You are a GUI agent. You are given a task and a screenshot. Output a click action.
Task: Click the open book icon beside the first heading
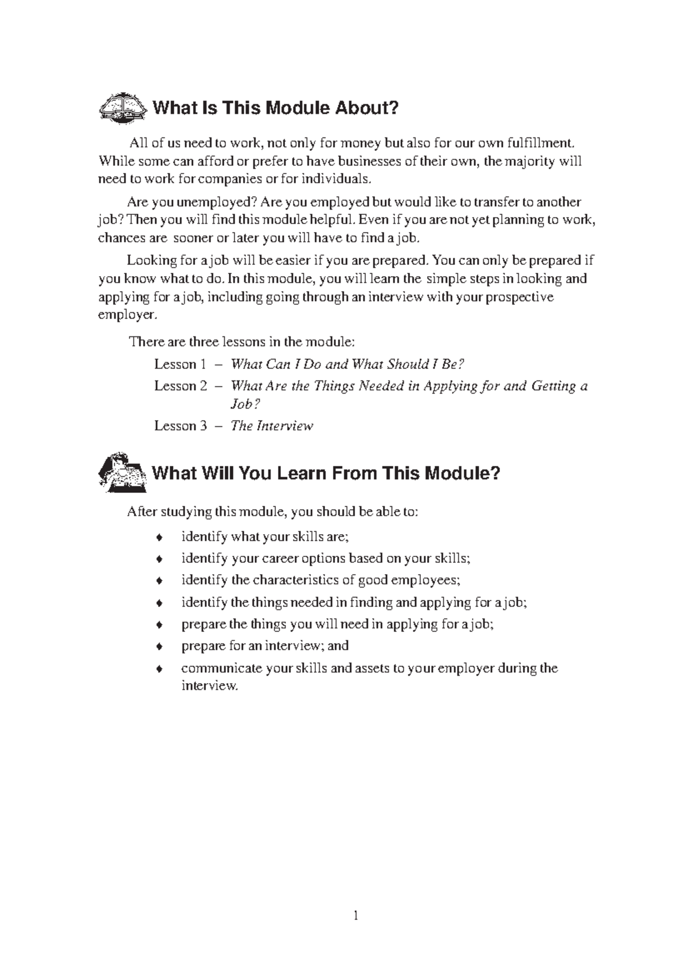click(x=122, y=107)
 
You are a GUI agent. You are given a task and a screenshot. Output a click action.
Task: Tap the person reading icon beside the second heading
click(x=122, y=472)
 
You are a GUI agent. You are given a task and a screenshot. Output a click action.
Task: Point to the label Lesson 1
click(x=180, y=364)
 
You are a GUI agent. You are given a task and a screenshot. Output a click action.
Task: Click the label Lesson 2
click(x=180, y=386)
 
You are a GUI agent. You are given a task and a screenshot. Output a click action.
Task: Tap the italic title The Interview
click(x=272, y=426)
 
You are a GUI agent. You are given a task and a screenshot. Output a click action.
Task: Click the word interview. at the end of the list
click(x=209, y=686)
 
